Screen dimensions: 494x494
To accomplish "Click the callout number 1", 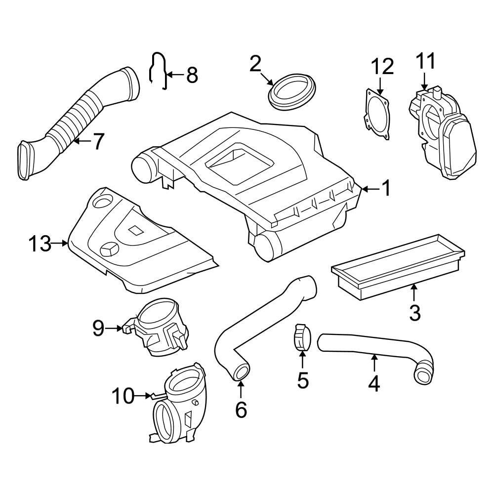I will [386, 188].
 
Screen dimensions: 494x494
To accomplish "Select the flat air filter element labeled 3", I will [395, 267].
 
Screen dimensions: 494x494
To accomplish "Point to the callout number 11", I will [425, 62].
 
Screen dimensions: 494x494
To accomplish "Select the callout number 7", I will [98, 142].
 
